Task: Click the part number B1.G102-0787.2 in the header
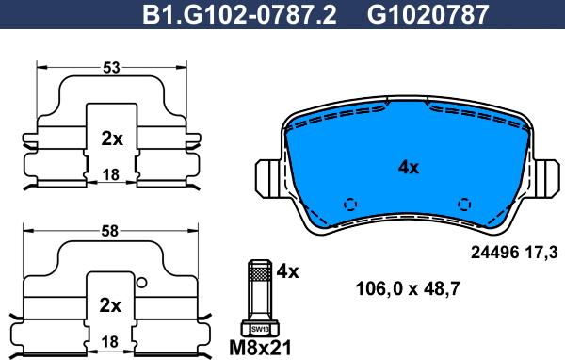pos(239,14)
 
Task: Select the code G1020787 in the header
pos(428,14)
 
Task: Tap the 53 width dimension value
pos(111,68)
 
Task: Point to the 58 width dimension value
pos(109,231)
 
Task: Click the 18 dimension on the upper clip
pos(111,175)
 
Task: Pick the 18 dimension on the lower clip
pos(110,341)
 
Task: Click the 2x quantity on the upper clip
pos(112,139)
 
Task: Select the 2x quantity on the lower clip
pos(110,306)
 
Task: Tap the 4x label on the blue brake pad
pos(409,168)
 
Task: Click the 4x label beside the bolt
pos(287,271)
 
